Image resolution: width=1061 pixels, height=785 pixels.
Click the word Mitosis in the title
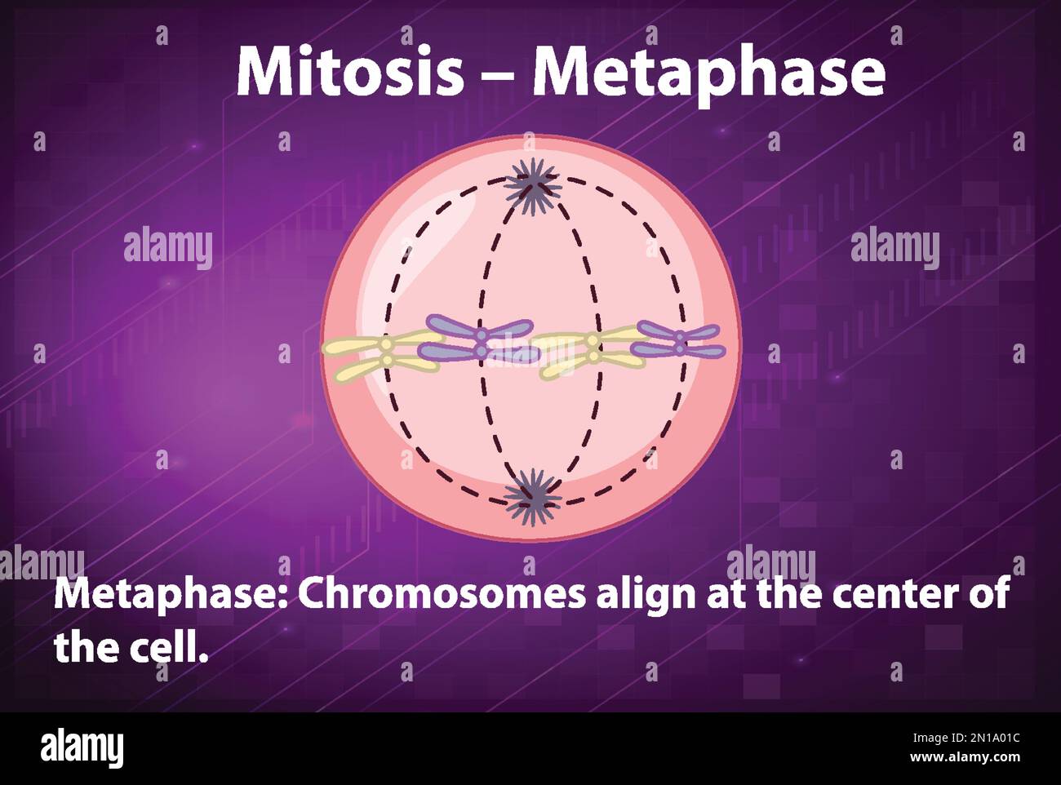click(x=350, y=72)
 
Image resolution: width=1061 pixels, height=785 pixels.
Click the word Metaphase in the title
click(x=709, y=77)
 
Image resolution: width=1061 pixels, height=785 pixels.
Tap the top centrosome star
click(x=532, y=186)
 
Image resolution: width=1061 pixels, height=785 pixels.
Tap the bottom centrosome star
click(x=533, y=498)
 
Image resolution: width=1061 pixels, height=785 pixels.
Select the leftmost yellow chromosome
click(x=383, y=356)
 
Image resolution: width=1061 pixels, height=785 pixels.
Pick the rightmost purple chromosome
click(x=677, y=340)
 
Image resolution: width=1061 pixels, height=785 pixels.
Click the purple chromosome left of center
click(x=479, y=339)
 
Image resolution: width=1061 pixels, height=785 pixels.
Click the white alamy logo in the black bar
click(x=82, y=748)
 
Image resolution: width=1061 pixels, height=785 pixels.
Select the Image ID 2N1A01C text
click(x=966, y=738)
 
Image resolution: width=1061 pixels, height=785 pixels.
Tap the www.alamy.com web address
click(x=965, y=757)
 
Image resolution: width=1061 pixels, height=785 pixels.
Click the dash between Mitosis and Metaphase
click(x=498, y=74)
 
